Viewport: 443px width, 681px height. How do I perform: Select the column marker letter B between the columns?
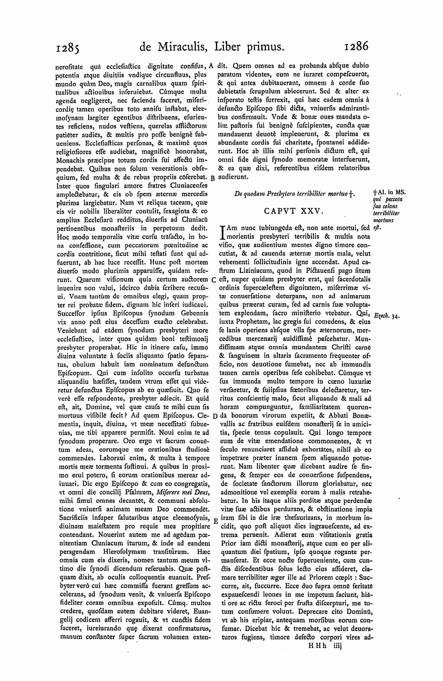coord(212,178)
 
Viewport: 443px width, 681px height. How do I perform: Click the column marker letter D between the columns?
coord(214,416)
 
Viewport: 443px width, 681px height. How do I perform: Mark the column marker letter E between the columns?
coord(215,521)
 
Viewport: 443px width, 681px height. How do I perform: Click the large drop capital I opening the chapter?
coord(223,232)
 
